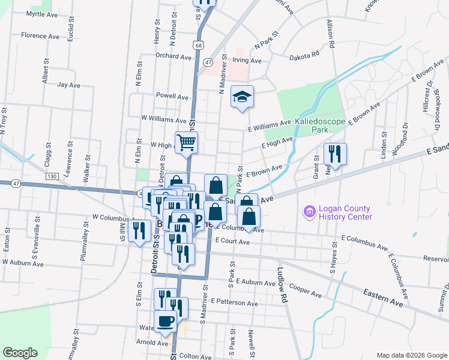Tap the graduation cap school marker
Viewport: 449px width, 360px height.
242,97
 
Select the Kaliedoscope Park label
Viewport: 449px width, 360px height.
320,125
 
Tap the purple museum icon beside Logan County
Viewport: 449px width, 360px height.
309,211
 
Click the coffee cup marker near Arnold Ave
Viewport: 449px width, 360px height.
165,321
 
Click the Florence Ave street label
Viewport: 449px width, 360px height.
40,36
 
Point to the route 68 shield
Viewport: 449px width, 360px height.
198,44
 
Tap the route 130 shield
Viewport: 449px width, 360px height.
52,176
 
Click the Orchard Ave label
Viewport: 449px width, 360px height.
173,56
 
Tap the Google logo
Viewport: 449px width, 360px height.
20,353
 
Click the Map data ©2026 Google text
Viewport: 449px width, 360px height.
411,355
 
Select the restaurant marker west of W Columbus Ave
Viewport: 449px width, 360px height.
139,230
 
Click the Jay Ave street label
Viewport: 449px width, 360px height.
68,85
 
